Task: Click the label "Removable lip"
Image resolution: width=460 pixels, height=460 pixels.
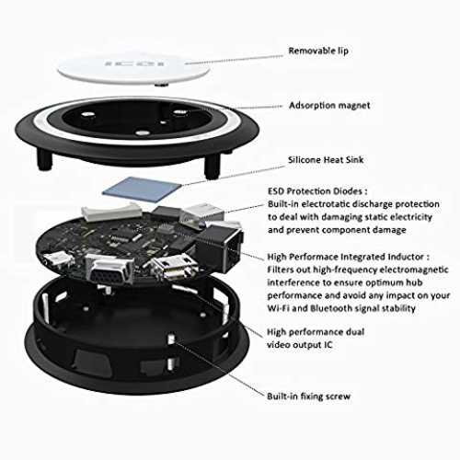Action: [318, 51]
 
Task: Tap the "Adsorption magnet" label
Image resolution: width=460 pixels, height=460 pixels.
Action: [329, 106]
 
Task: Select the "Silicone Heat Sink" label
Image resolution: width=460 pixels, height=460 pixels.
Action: [326, 160]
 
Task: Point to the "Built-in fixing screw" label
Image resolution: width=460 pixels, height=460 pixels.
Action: [308, 397]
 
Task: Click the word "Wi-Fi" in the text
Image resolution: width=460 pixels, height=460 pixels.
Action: [278, 308]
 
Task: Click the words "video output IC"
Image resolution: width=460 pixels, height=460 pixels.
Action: [300, 345]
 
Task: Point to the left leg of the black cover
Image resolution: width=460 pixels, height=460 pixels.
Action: [45, 158]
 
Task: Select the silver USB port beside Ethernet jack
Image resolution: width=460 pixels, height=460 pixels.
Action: [201, 214]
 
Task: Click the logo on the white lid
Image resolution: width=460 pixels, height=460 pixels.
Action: [134, 63]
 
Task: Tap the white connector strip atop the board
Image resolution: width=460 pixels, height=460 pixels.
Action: [111, 213]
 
